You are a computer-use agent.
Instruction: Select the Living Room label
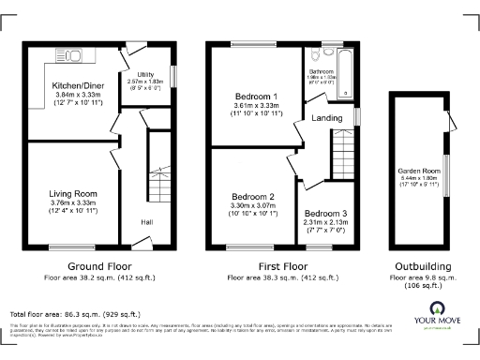click(73, 194)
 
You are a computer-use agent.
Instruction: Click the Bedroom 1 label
click(256, 97)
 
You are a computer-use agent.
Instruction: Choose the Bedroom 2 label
click(252, 197)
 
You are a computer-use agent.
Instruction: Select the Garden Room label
click(418, 172)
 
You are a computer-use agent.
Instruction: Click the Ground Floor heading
click(99, 266)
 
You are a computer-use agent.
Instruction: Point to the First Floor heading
click(268, 266)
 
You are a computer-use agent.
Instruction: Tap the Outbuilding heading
click(418, 266)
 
